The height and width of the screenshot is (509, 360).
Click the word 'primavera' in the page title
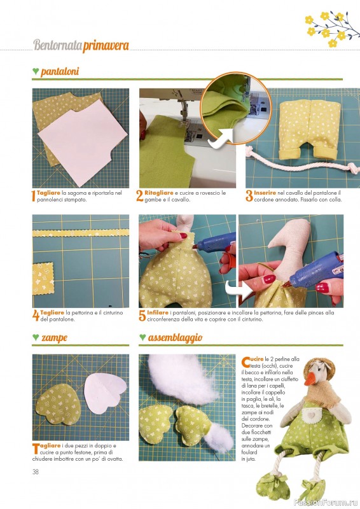106,46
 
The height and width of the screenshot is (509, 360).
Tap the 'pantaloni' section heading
60,71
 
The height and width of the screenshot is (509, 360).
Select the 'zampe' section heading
54,338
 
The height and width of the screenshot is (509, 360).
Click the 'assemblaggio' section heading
176,338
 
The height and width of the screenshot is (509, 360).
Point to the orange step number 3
249,196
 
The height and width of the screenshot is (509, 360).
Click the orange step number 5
142,316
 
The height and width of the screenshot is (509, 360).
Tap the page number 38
36,471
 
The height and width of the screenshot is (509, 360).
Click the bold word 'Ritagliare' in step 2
159,193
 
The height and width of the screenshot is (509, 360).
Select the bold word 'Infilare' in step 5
158,312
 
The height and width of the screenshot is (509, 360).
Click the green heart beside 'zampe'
36,337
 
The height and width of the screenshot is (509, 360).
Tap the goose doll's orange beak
311,378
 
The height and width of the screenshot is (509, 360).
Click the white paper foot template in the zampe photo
104,393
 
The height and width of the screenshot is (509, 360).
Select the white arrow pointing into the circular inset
221,139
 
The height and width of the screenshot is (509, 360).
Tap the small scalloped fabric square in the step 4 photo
43,279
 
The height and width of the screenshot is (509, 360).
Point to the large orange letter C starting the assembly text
246,362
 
